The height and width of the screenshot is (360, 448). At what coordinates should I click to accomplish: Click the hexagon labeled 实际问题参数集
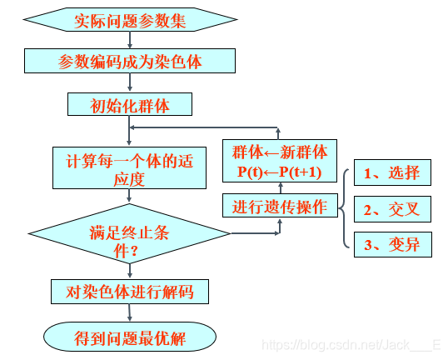(x=129, y=20)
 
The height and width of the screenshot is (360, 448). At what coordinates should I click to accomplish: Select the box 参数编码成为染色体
(x=129, y=61)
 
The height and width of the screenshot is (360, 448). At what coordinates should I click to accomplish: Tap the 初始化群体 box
(x=129, y=104)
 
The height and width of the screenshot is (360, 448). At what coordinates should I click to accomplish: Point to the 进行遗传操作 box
(x=279, y=205)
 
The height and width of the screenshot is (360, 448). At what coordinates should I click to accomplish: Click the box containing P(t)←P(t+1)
(x=279, y=162)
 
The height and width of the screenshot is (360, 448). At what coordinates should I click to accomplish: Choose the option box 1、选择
(x=392, y=172)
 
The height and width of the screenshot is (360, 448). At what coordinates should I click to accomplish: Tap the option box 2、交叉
(x=392, y=209)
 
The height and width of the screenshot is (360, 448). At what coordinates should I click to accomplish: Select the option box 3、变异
(x=392, y=245)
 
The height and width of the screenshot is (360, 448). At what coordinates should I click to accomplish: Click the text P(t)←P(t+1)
(x=279, y=172)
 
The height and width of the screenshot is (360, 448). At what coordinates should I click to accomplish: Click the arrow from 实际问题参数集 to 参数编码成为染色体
(x=129, y=40)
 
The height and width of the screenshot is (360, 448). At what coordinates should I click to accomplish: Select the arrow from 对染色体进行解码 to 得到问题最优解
(x=129, y=312)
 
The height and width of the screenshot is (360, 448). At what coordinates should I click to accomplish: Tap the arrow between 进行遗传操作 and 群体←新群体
(x=279, y=187)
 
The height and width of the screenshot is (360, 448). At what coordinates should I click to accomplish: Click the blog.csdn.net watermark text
(x=350, y=344)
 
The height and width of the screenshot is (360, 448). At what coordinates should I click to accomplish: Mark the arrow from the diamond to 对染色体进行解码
(x=128, y=271)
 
